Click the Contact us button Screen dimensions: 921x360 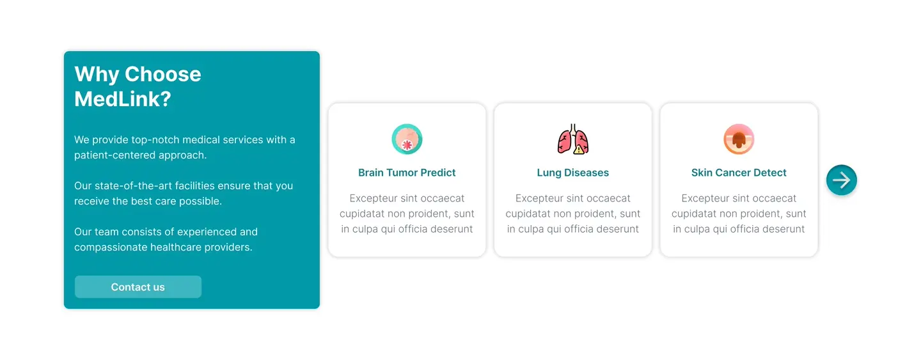point(138,287)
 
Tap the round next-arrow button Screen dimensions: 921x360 point(842,180)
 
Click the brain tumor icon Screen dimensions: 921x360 point(407,139)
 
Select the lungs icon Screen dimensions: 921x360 point(573,139)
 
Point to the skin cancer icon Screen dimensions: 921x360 point(739,139)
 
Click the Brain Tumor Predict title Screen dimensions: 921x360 point(407,173)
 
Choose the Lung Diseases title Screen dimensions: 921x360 point(573,173)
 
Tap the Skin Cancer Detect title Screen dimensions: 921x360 point(739,173)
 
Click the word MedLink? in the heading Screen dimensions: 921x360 point(123,99)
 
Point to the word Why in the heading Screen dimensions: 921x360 point(97,75)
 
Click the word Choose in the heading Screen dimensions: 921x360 point(163,74)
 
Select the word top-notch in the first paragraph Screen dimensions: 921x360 point(155,140)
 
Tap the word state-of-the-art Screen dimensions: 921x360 point(134,185)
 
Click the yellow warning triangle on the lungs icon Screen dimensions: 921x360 point(578,150)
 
